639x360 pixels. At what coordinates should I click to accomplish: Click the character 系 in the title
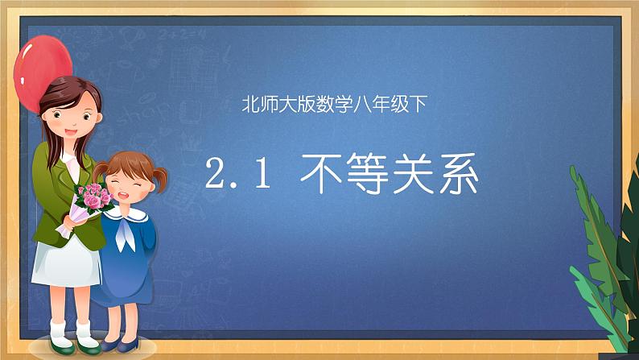(460, 176)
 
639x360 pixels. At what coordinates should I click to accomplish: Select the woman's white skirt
(64, 266)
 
